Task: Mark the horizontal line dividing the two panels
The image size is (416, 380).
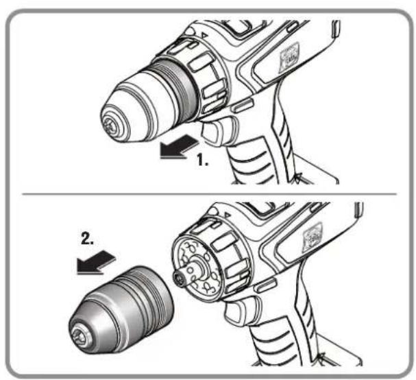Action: click(206, 193)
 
